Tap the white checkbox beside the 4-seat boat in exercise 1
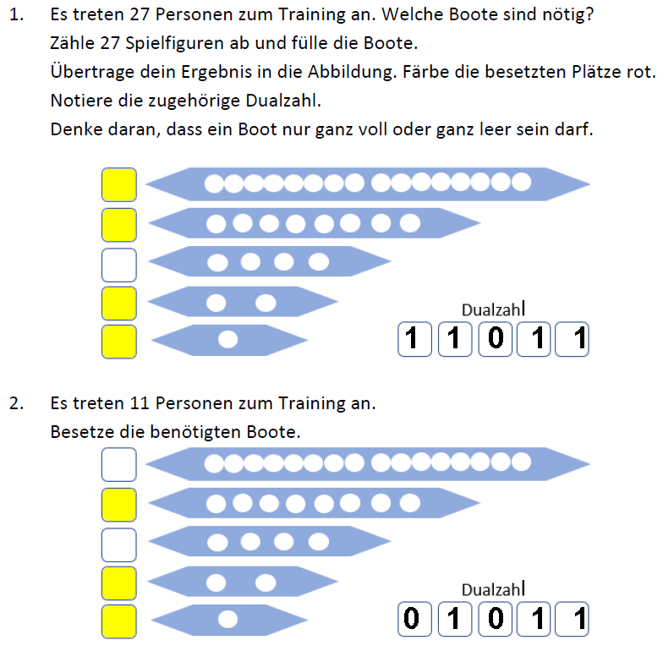[x=118, y=264]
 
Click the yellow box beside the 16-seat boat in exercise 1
[x=118, y=184]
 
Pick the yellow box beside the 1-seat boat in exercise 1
[x=118, y=341]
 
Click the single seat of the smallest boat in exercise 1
[x=227, y=340]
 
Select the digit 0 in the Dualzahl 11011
[x=496, y=340]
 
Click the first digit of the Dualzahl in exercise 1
[x=412, y=340]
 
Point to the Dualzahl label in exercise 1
[x=491, y=310]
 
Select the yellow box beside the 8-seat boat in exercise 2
[x=118, y=504]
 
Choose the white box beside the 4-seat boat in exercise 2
[x=118, y=544]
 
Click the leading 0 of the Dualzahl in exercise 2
[x=412, y=620]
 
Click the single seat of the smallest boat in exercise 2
[x=227, y=619]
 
